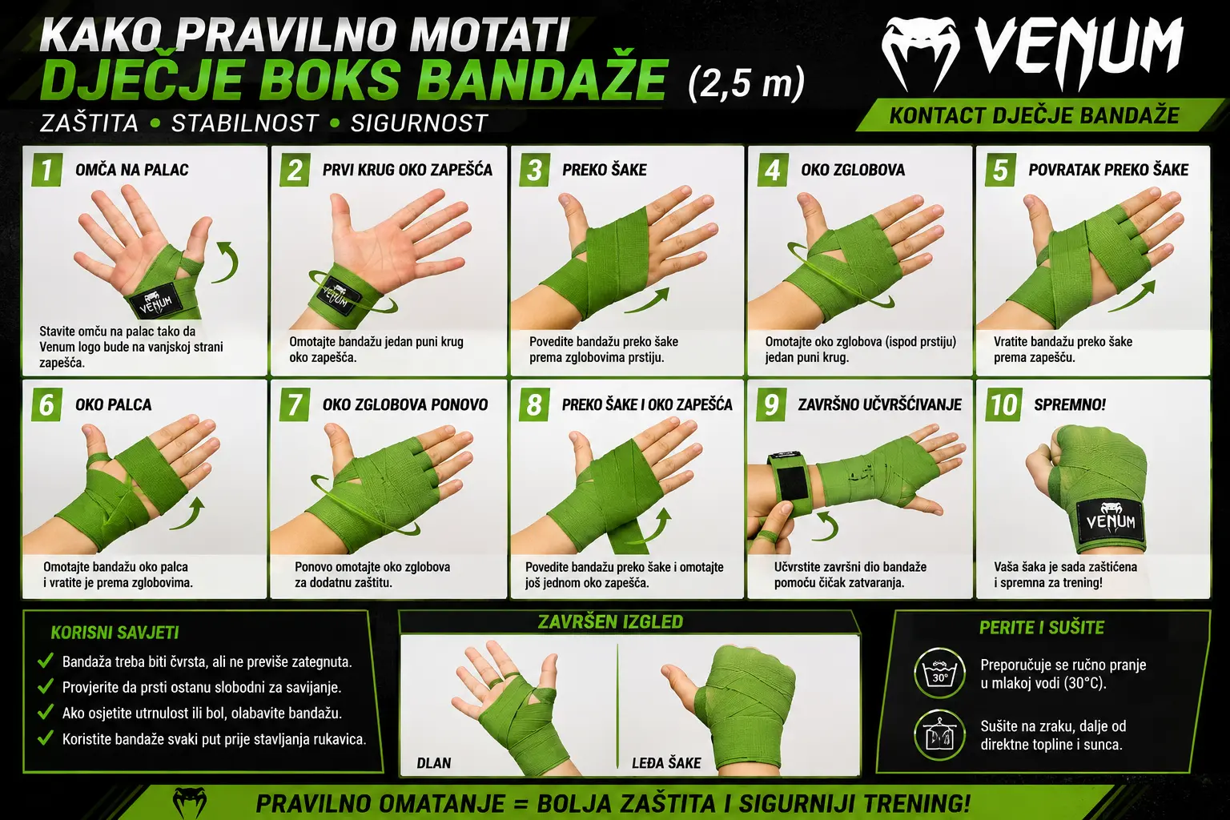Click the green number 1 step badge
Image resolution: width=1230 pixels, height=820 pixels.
click(x=46, y=170)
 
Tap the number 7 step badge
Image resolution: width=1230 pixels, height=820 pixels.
click(x=295, y=404)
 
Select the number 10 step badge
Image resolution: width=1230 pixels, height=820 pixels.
click(x=1004, y=404)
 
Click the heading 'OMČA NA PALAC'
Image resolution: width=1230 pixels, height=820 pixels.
click(x=132, y=170)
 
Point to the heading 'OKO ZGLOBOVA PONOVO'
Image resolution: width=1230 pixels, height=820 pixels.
click(x=405, y=404)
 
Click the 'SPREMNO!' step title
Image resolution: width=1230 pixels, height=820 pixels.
click(x=1070, y=404)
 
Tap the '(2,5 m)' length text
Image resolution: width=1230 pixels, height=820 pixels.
click(x=746, y=83)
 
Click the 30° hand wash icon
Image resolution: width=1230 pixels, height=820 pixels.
click(x=940, y=673)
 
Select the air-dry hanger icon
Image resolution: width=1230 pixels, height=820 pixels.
click(x=940, y=735)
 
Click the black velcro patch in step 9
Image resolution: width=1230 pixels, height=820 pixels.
click(x=792, y=484)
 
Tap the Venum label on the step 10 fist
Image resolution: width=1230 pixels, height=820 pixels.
click(x=1111, y=521)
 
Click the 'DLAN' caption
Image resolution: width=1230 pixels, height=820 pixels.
click(x=434, y=763)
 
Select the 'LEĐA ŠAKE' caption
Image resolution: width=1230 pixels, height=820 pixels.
click(x=666, y=763)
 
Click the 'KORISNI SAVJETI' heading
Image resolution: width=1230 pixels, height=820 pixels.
click(x=115, y=633)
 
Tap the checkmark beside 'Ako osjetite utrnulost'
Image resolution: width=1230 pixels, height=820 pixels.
click(x=46, y=712)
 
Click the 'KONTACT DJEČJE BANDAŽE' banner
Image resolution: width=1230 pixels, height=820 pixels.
click(x=1034, y=116)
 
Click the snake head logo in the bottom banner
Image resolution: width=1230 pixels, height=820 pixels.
click(x=190, y=802)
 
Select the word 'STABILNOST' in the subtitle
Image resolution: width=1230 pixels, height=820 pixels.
click(x=245, y=123)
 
